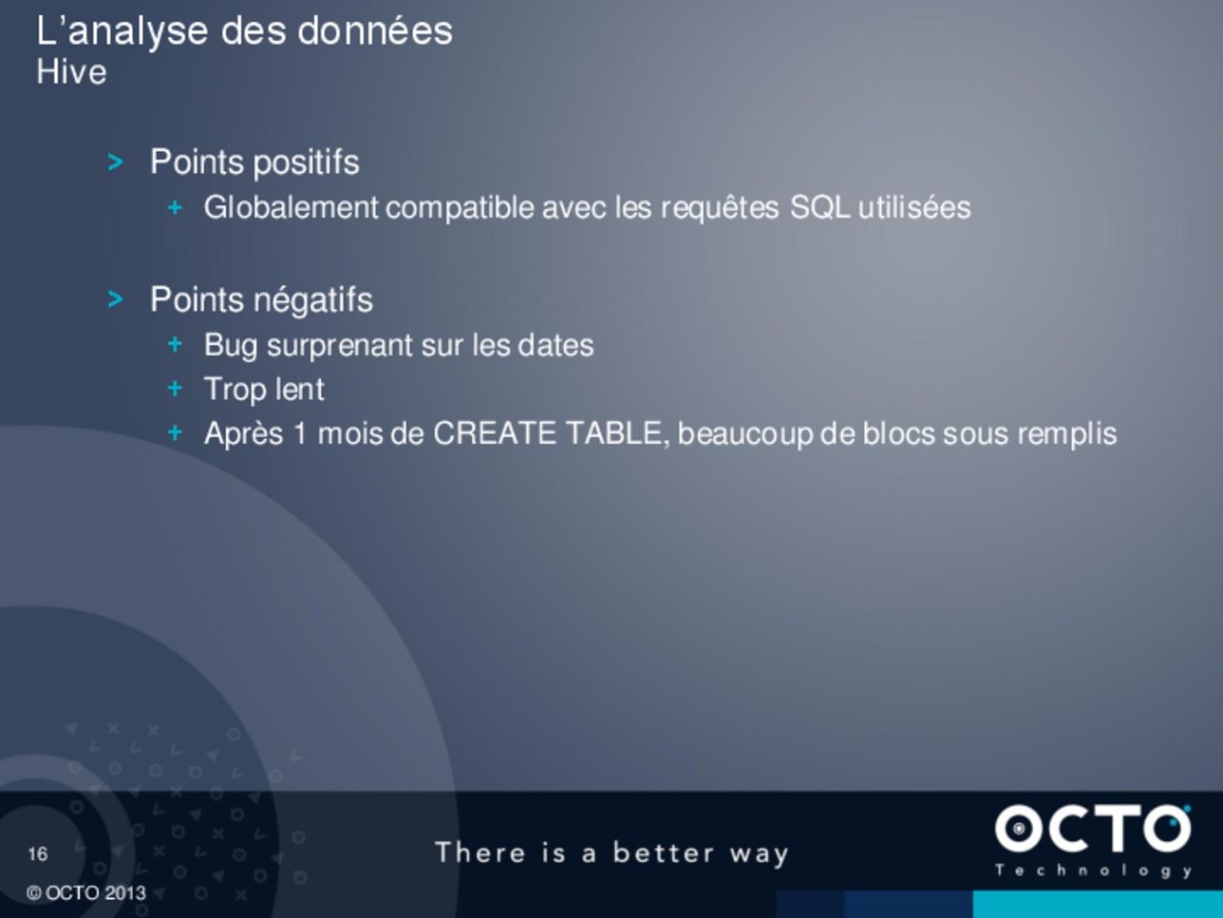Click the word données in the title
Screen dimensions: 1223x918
375,30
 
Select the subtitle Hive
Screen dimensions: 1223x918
71,72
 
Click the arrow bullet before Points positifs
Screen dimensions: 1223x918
115,163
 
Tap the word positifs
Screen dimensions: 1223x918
307,163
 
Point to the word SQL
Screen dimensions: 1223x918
820,208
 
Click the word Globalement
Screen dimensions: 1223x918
291,207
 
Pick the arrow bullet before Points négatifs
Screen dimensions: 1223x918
115,300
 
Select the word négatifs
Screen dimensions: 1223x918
313,300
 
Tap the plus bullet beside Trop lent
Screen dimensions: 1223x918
175,388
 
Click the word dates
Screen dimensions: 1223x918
555,345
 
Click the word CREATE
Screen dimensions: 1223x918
495,433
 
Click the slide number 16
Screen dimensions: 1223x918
38,854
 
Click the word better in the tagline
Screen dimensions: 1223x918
663,852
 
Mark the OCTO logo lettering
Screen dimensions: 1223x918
1093,829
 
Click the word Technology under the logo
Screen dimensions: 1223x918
1093,871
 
